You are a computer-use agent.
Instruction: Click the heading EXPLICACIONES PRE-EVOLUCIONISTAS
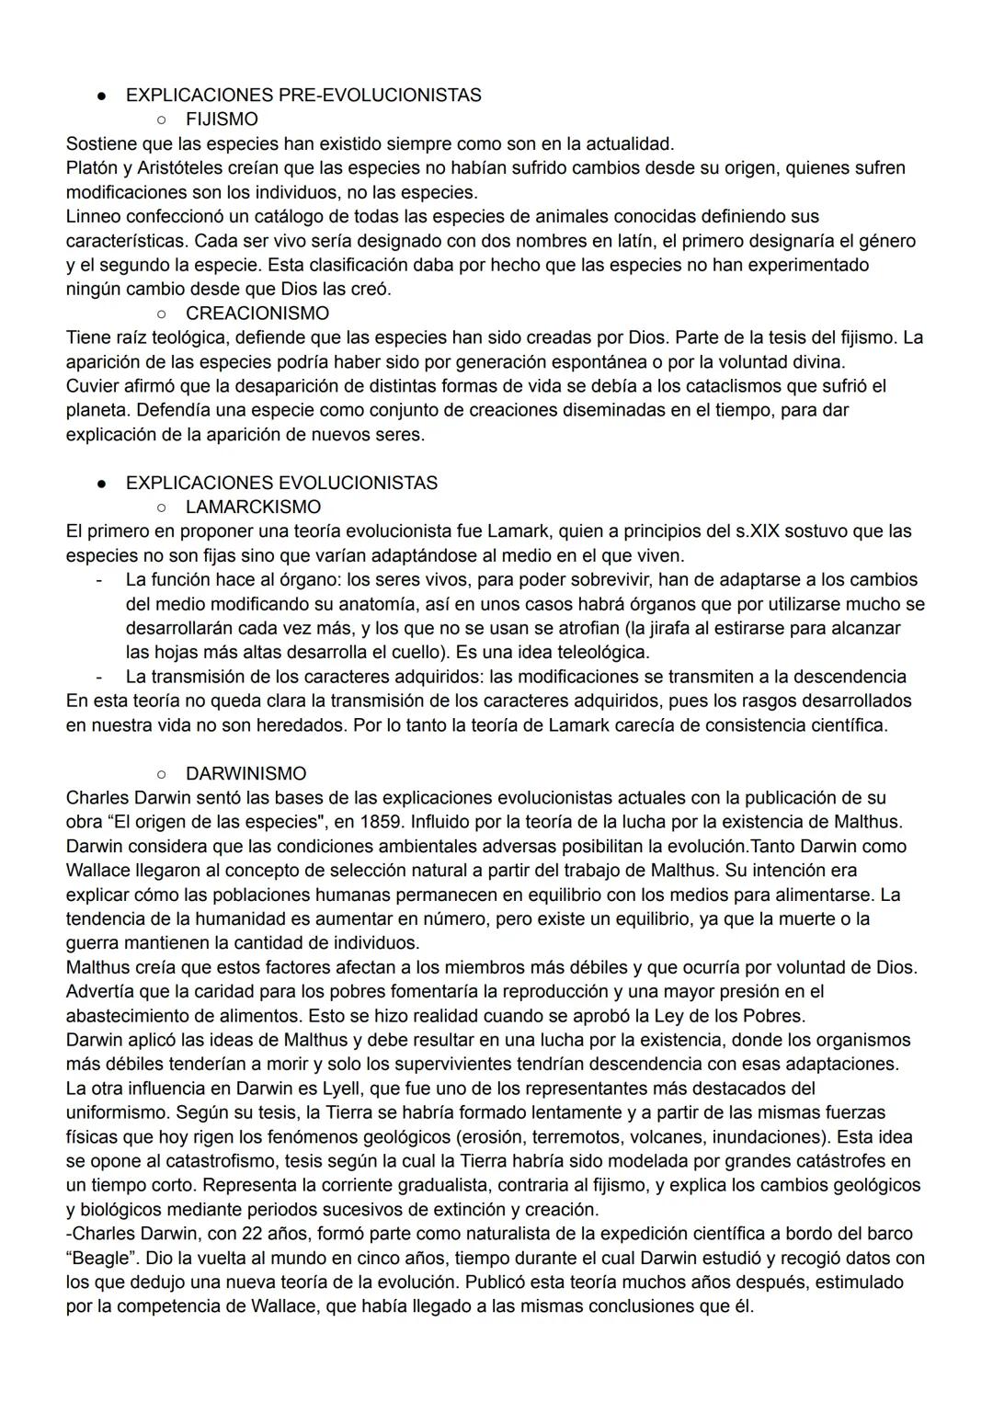pyautogui.click(x=302, y=95)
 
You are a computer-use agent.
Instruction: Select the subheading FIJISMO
pyautogui.click(x=222, y=120)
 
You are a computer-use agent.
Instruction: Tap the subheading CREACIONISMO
pyautogui.click(x=257, y=313)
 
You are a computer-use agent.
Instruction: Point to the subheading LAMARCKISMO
pyautogui.click(x=253, y=507)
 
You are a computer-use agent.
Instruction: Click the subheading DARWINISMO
pyautogui.click(x=245, y=773)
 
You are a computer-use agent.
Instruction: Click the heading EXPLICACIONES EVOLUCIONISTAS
pyautogui.click(x=281, y=483)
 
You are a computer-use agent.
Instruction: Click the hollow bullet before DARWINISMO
pyautogui.click(x=161, y=774)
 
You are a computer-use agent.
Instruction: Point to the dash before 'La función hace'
pyautogui.click(x=97, y=580)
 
